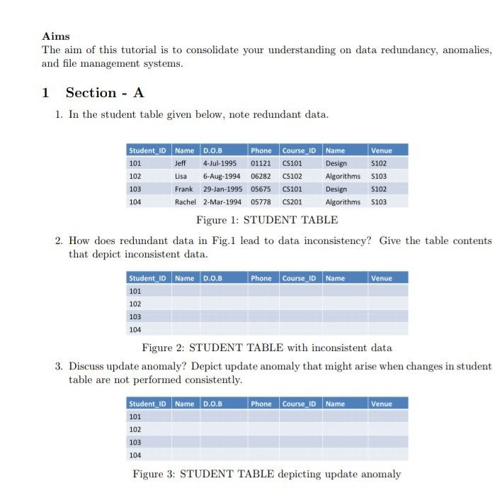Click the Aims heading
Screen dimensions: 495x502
pos(56,36)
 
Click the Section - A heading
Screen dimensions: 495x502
pos(105,93)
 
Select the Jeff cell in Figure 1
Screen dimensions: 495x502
pos(181,163)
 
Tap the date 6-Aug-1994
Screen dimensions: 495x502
pos(222,176)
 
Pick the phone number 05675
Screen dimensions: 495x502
pos(261,189)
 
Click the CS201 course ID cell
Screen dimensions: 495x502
pos(292,201)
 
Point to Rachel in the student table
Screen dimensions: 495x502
pos(186,201)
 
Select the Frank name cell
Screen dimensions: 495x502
pos(184,189)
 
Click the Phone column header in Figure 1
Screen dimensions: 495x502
pos(261,150)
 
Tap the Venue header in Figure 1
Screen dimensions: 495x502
pos(381,150)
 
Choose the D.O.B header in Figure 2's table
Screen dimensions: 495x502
pos(212,278)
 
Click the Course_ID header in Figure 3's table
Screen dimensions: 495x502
pos(300,404)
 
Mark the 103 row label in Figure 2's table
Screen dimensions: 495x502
pos(135,316)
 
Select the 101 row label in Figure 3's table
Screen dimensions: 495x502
pos(135,416)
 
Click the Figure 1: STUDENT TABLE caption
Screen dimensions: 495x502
pos(266,220)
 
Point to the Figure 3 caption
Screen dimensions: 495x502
pos(266,474)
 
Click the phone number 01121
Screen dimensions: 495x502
pos(261,163)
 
